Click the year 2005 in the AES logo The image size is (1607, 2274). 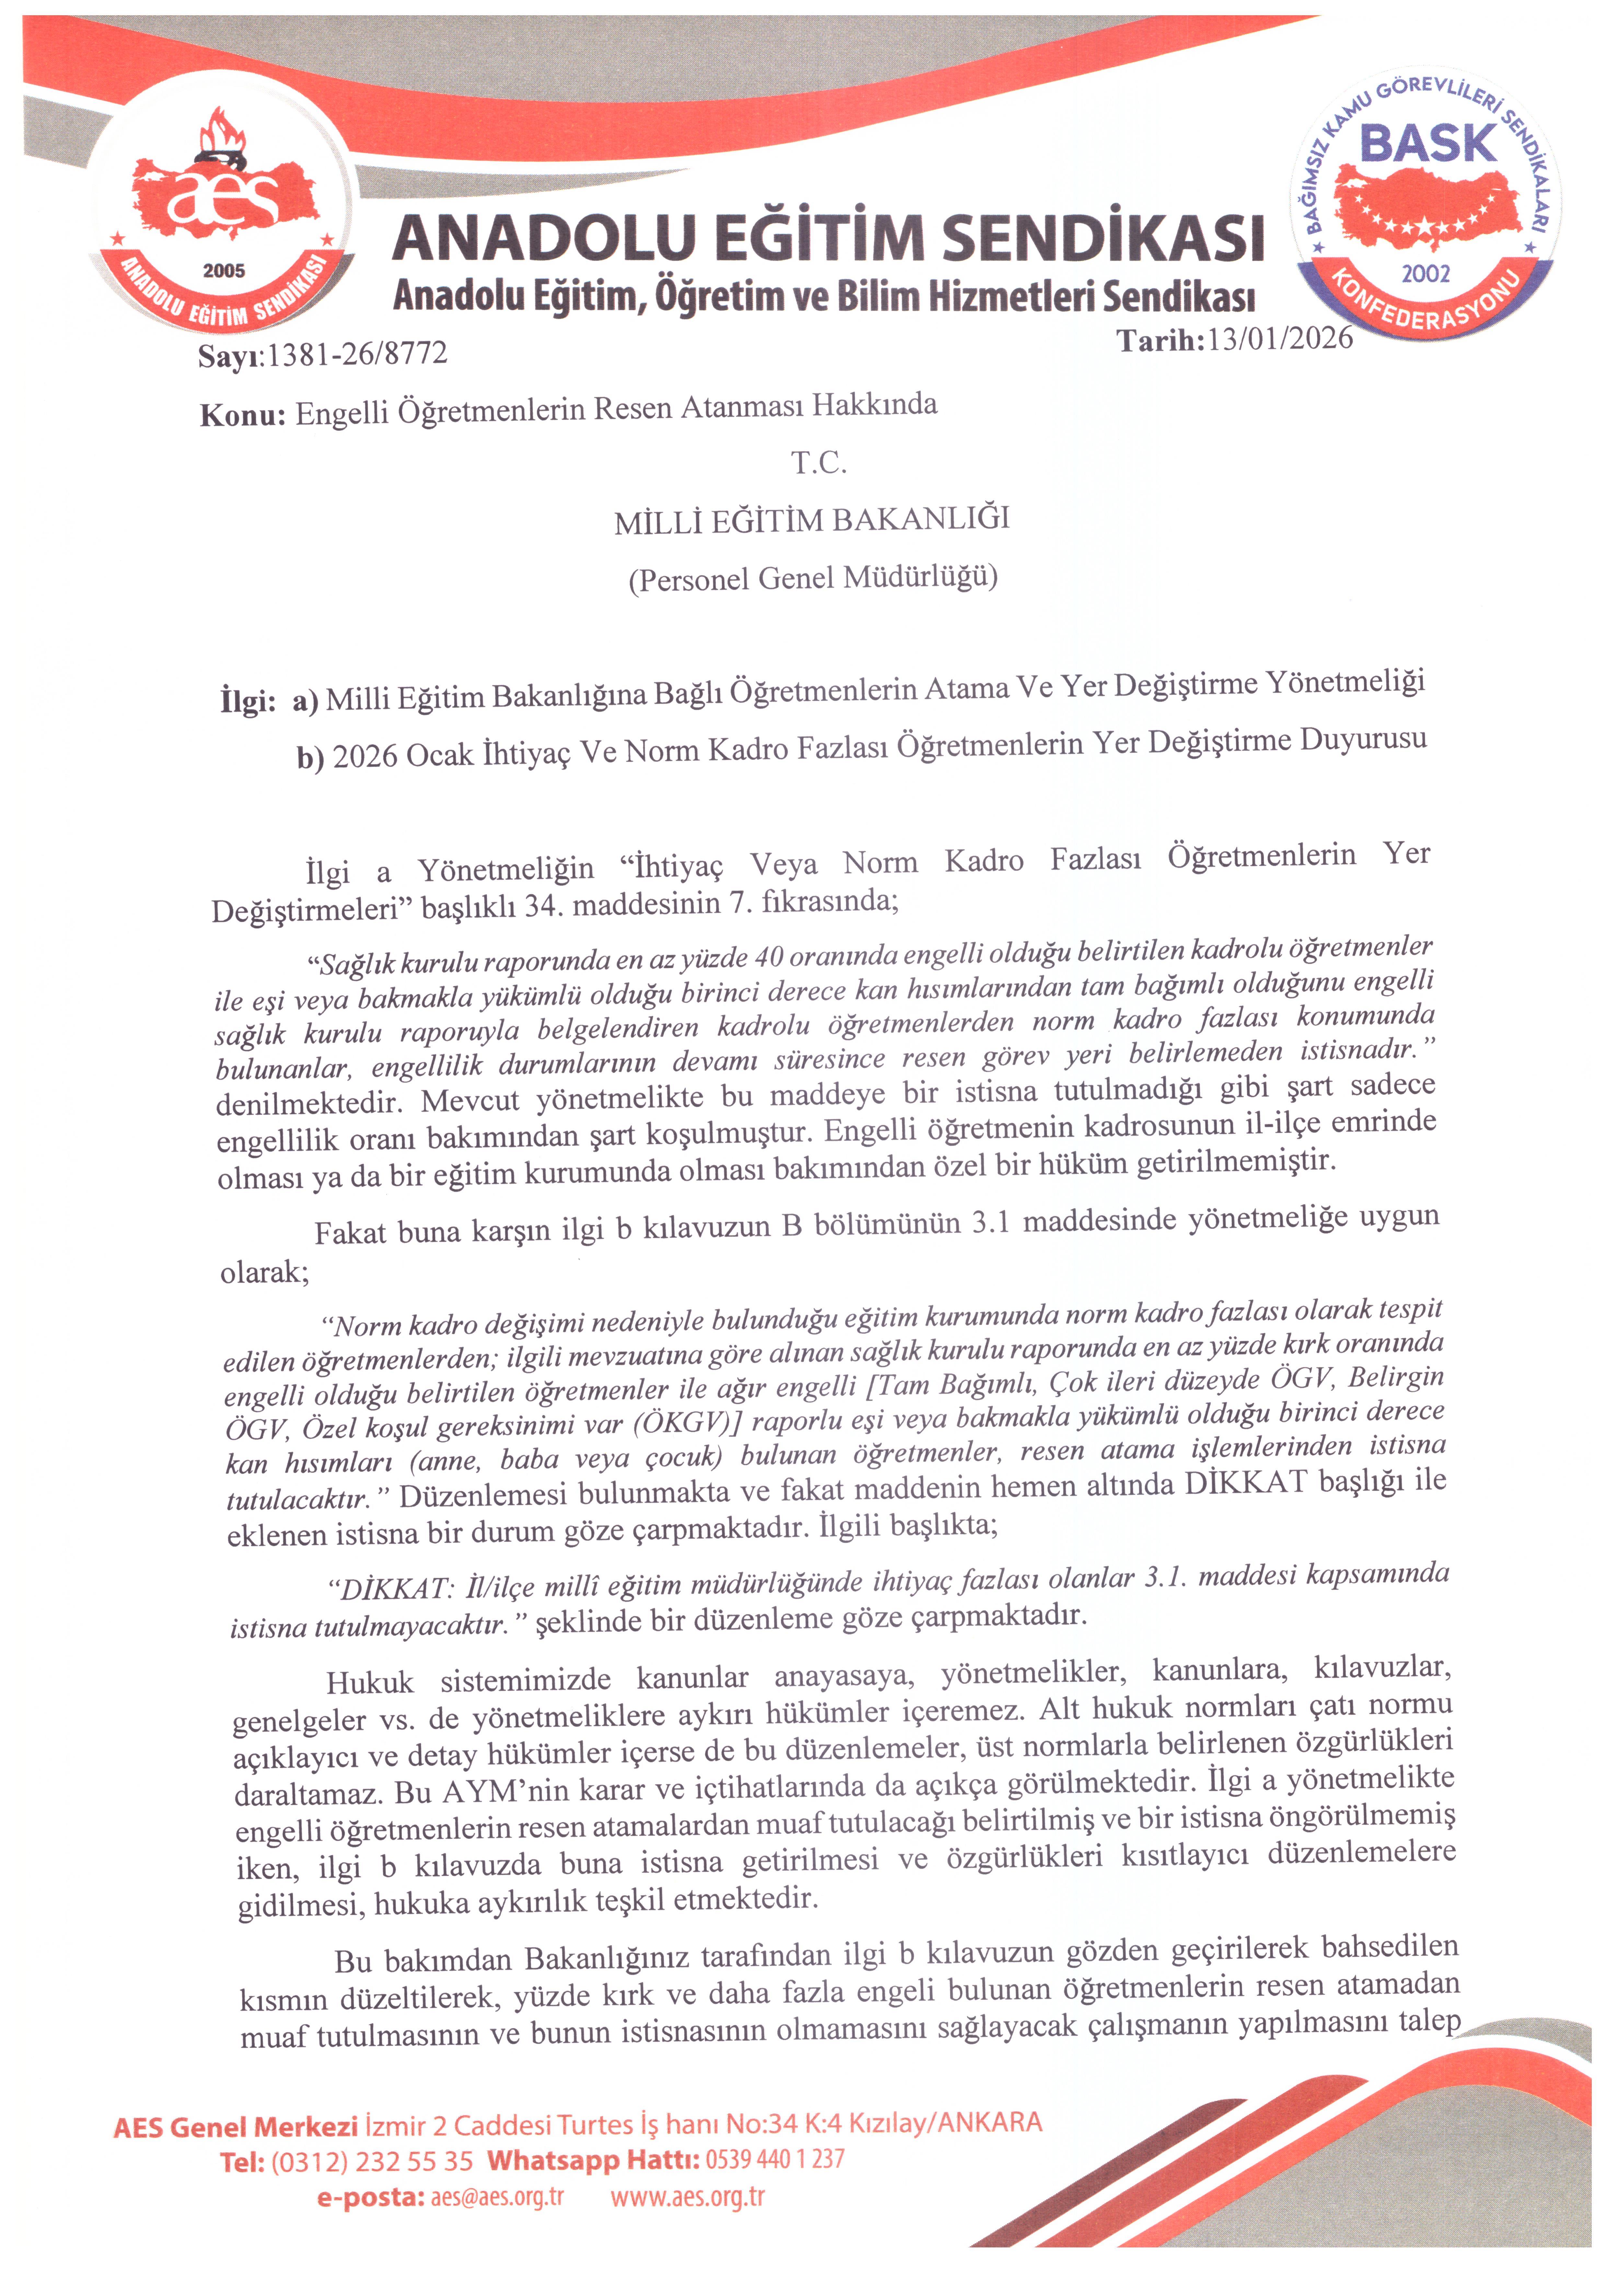tap(224, 270)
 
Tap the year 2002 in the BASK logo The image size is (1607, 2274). tap(1426, 273)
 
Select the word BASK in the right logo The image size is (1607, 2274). tap(1428, 144)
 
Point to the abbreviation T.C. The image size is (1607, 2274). tap(818, 463)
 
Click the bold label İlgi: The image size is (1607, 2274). tap(247, 701)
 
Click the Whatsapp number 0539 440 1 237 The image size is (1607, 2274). tap(775, 2158)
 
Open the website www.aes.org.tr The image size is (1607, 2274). tap(688, 2197)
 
